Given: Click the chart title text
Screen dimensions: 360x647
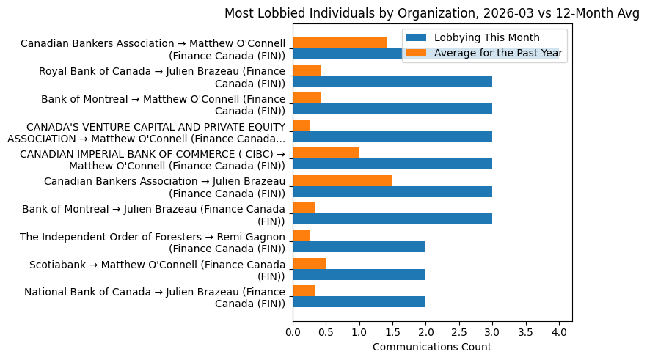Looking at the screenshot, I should click(x=432, y=13).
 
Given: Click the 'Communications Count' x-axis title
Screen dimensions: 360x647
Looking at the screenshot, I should click(x=432, y=347).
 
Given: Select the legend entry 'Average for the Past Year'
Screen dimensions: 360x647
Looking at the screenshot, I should click(x=499, y=53).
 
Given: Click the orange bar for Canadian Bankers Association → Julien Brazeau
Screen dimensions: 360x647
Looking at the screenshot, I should click(x=343, y=180).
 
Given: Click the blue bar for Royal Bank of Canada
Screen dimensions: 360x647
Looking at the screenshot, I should click(x=392, y=81).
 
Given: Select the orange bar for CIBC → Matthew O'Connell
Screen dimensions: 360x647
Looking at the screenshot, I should click(x=326, y=153).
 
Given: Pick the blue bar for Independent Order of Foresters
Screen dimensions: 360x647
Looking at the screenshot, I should click(x=359, y=246).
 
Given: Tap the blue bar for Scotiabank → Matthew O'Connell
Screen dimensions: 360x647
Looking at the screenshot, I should click(x=359, y=274).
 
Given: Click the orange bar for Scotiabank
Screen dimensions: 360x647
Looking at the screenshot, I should click(x=309, y=263).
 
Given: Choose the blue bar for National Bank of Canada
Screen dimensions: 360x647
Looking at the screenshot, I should click(x=359, y=301).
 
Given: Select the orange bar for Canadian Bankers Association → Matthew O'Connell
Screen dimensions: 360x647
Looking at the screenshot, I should click(x=340, y=43).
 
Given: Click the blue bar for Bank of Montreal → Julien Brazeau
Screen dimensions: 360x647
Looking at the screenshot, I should click(x=392, y=218).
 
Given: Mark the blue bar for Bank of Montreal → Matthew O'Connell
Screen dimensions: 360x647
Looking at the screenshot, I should click(x=392, y=109).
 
